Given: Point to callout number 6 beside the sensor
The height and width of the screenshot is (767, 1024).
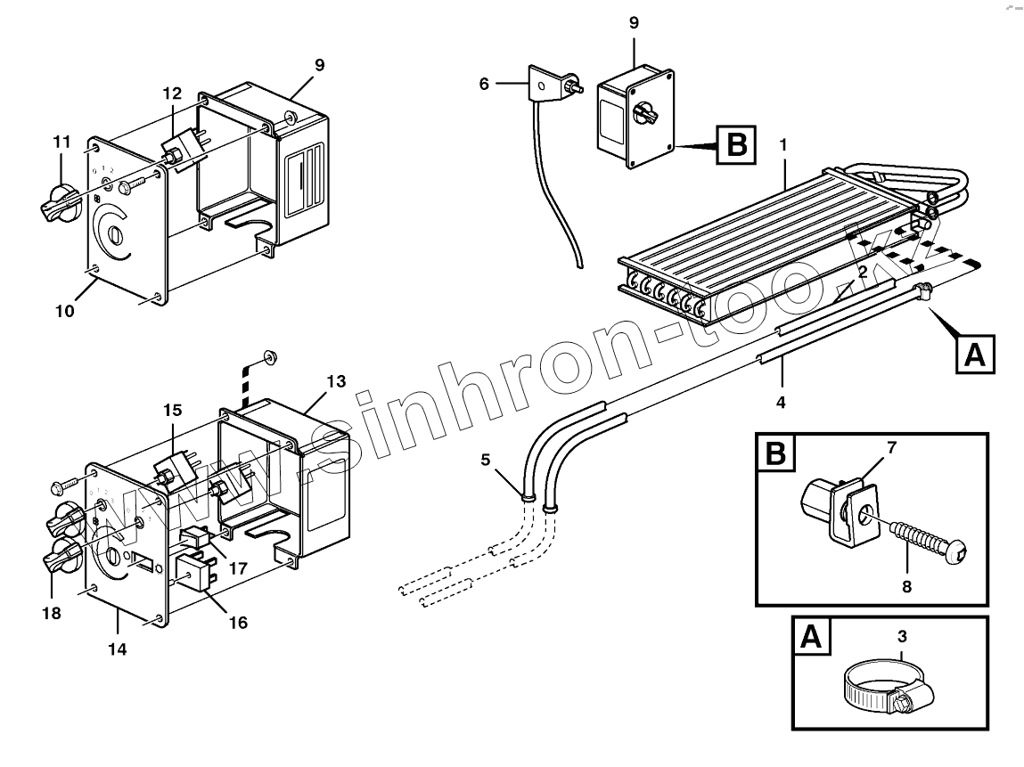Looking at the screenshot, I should click(484, 84).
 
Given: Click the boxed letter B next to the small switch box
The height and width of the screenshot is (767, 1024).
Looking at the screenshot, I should click(736, 145).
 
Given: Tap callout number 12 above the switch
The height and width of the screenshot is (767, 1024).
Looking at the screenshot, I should click(172, 93).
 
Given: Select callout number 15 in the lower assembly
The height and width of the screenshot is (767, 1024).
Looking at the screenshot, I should click(172, 411).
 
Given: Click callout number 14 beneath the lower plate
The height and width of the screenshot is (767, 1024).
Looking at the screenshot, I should click(118, 649).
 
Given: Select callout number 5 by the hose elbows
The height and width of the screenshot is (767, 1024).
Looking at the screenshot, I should click(485, 461).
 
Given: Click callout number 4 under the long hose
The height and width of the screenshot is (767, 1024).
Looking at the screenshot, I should click(781, 402).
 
